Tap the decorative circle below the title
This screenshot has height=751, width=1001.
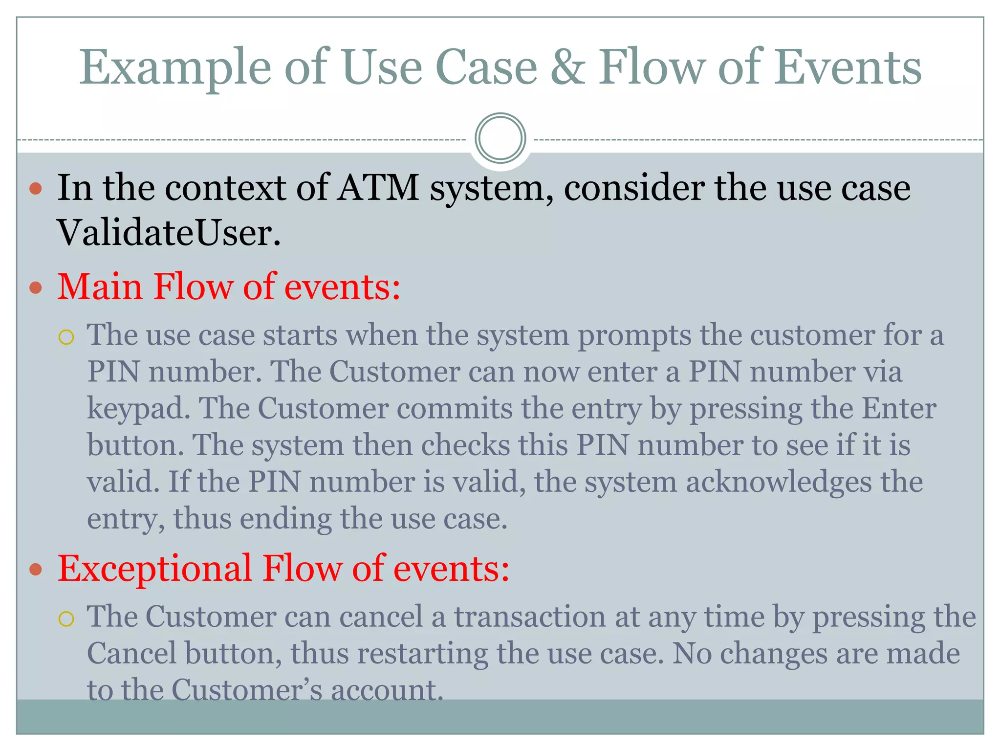pyautogui.click(x=500, y=138)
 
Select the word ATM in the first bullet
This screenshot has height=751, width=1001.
pyautogui.click(x=378, y=188)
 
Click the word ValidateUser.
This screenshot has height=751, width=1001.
pyautogui.click(x=169, y=233)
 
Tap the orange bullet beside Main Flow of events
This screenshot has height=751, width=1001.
pyautogui.click(x=36, y=287)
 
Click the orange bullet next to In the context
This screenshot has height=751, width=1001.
pyautogui.click(x=36, y=189)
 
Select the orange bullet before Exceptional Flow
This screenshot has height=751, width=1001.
pyautogui.click(x=36, y=570)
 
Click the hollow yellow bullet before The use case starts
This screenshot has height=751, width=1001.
pyautogui.click(x=66, y=337)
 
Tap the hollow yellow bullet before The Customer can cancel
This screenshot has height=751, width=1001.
pyautogui.click(x=66, y=619)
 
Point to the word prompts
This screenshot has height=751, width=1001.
pyautogui.click(x=634, y=336)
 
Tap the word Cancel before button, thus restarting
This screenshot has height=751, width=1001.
pyautogui.click(x=131, y=653)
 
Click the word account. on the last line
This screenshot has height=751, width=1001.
pyautogui.click(x=387, y=690)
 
